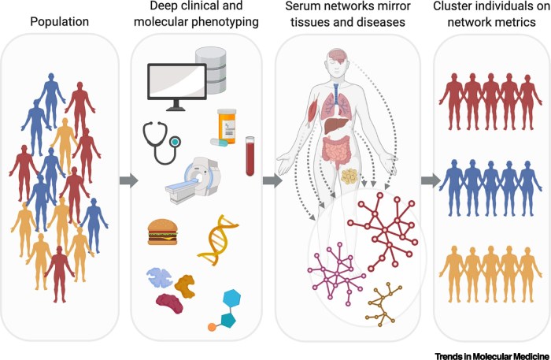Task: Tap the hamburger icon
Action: (x=164, y=232)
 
